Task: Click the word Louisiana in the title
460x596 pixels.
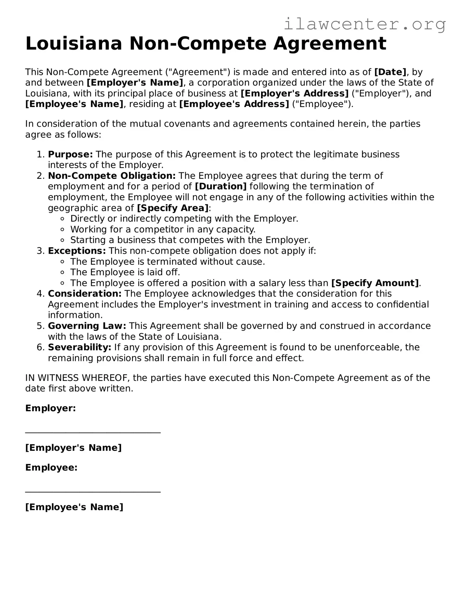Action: pos(74,43)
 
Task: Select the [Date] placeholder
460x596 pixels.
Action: pos(390,72)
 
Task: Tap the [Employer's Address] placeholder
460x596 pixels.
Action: pos(294,93)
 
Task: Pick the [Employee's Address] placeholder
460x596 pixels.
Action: pos(234,104)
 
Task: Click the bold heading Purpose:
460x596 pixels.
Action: pos(70,154)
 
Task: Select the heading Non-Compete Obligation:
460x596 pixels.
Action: pos(112,176)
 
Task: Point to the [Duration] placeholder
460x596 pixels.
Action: pos(221,186)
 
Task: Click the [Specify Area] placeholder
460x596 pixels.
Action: pos(173,208)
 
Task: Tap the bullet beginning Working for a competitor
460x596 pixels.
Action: pos(163,229)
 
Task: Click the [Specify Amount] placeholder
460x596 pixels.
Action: pos(375,283)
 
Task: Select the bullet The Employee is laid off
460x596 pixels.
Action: pos(125,272)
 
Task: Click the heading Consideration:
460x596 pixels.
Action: pos(85,294)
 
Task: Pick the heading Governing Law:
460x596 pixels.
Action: pos(87,326)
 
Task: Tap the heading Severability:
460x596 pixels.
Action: pos(80,347)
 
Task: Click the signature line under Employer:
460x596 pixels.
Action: pos(93,432)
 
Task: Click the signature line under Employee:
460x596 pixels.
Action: pos(93,492)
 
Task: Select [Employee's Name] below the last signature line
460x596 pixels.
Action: pos(74,507)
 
